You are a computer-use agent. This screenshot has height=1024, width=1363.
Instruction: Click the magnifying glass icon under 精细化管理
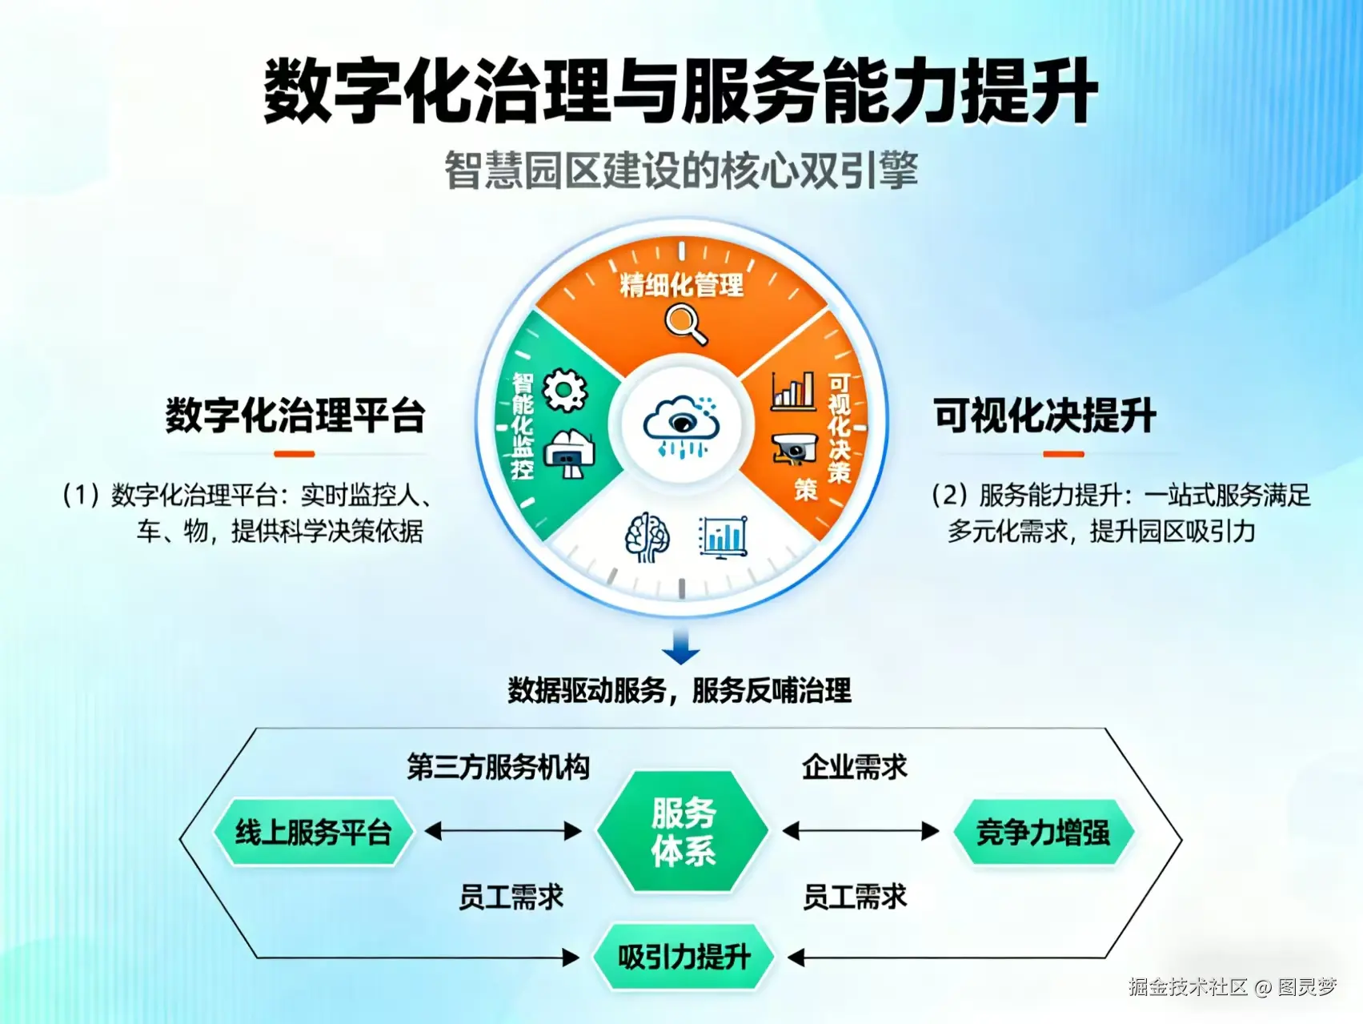[686, 325]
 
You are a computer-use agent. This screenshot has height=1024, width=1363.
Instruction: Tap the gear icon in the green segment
[565, 391]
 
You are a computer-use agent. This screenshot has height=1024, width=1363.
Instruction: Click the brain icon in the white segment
[647, 537]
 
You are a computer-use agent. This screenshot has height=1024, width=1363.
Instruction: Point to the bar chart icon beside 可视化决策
[792, 392]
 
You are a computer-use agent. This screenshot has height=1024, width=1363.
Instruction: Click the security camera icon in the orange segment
[794, 449]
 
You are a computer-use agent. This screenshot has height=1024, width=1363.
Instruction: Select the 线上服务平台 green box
[313, 833]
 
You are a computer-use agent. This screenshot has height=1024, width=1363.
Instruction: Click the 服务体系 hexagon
[683, 832]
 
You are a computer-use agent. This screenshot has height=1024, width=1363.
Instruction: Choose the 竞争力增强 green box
[1043, 833]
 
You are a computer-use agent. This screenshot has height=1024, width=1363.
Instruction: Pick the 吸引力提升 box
[684, 957]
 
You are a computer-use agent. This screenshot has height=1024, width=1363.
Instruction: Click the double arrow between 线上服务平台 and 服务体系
[503, 831]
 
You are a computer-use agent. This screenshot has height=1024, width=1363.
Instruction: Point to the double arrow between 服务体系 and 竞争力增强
[860, 831]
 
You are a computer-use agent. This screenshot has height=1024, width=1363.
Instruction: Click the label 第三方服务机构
[498, 767]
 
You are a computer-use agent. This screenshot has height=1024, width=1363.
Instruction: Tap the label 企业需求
[855, 767]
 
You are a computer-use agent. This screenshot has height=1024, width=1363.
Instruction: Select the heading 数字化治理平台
[295, 416]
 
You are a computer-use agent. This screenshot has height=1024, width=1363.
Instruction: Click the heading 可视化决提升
[1044, 416]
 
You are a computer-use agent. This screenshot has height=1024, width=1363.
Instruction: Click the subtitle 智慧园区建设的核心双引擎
[681, 171]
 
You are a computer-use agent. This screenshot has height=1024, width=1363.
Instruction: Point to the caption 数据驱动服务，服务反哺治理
[679, 690]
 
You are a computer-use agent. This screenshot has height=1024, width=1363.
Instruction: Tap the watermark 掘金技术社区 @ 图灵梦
[1233, 987]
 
